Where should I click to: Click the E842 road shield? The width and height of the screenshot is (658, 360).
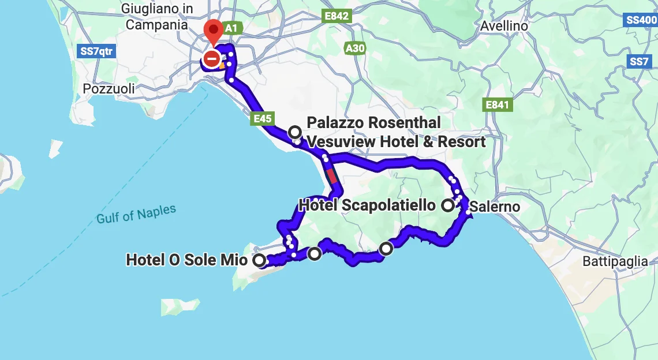click(x=337, y=16)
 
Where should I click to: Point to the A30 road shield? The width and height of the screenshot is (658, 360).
click(x=354, y=48)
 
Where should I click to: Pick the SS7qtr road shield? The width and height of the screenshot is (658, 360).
click(x=96, y=51)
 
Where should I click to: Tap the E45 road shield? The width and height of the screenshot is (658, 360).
click(x=261, y=119)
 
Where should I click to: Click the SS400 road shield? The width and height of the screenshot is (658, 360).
click(x=642, y=20)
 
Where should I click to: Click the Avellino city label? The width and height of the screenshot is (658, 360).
click(x=504, y=26)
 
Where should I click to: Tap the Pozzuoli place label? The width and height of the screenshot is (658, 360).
click(x=109, y=89)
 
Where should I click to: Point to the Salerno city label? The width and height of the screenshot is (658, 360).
click(x=495, y=207)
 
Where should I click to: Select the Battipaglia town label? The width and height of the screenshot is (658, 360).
click(x=615, y=261)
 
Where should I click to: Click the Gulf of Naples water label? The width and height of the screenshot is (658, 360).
click(x=136, y=214)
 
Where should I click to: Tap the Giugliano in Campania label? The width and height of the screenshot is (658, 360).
click(x=156, y=17)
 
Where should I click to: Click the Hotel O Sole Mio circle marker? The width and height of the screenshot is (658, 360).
click(x=260, y=261)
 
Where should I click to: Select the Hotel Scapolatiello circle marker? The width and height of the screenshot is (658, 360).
click(x=448, y=205)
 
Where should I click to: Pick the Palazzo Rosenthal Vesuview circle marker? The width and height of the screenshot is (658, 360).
click(x=295, y=132)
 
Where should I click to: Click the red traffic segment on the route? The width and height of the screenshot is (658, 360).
click(x=331, y=175)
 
